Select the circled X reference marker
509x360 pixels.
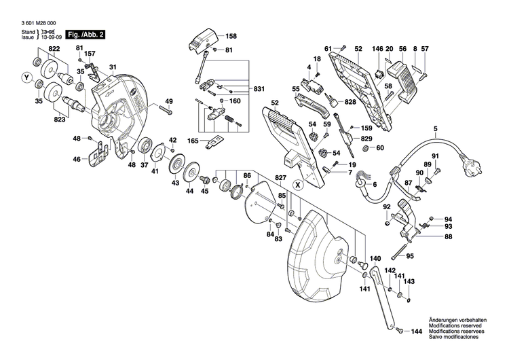click(297, 184)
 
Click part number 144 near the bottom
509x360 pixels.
click(417, 329)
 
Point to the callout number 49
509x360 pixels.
click(169, 102)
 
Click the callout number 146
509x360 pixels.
click(377, 49)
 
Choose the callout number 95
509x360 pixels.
click(429, 256)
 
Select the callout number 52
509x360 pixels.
click(275, 103)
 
